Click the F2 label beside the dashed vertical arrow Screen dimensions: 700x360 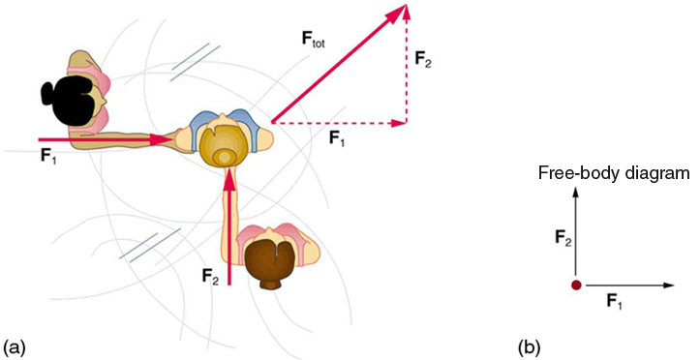423,59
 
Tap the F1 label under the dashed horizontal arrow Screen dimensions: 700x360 337,139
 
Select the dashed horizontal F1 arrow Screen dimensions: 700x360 339,123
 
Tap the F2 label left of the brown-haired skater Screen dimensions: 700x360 210,276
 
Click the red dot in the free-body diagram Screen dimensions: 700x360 576,285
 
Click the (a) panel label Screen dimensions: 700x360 15,345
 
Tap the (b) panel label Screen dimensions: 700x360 530,345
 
